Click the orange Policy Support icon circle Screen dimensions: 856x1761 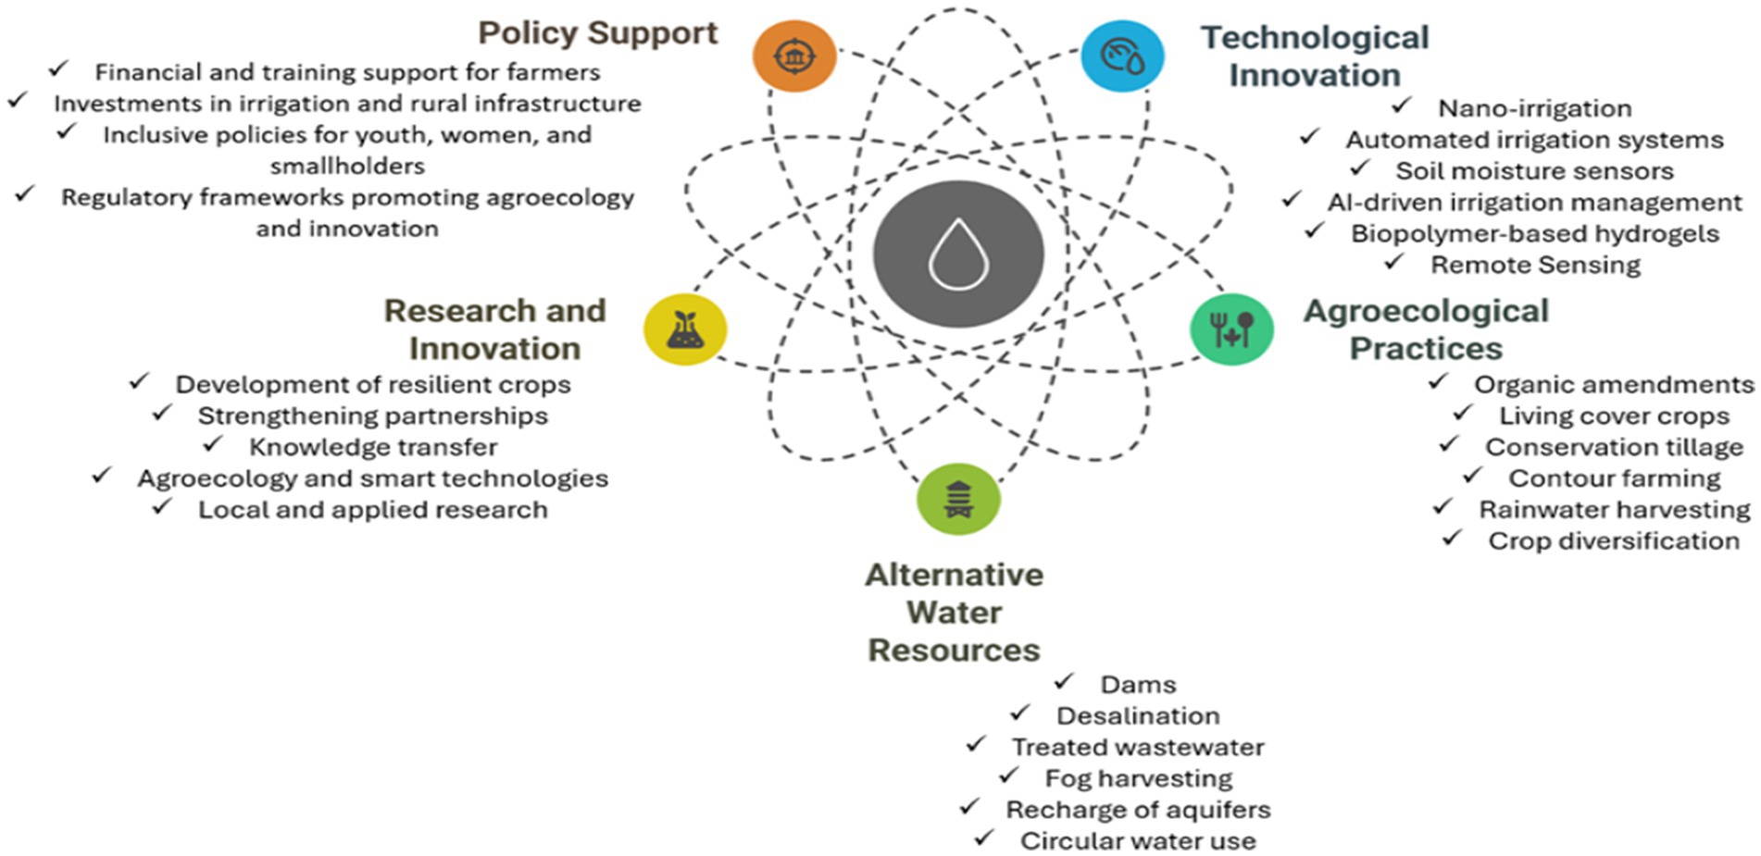pyautogui.click(x=793, y=56)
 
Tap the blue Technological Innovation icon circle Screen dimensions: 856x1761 pyautogui.click(x=1122, y=56)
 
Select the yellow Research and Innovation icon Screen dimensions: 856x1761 pyautogui.click(x=685, y=329)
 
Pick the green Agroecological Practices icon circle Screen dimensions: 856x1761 pyautogui.click(x=1231, y=329)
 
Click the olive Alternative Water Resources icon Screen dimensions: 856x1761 pyautogui.click(x=958, y=499)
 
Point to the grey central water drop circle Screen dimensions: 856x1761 pyautogui.click(x=958, y=254)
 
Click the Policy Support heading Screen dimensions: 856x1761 pyautogui.click(x=597, y=32)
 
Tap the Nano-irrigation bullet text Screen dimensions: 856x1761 pyautogui.click(x=1534, y=108)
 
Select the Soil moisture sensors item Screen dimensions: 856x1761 pyautogui.click(x=1534, y=171)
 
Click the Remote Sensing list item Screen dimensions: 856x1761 pyautogui.click(x=1535, y=266)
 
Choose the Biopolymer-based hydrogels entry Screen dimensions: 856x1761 pyautogui.click(x=1534, y=234)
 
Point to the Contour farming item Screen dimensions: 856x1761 pyautogui.click(x=1614, y=478)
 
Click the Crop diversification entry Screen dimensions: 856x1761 pyautogui.click(x=1613, y=541)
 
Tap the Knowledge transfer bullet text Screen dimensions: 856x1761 pyautogui.click(x=372, y=448)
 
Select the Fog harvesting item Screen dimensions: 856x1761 pyautogui.click(x=1138, y=778)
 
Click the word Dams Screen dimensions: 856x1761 pyautogui.click(x=1138, y=685)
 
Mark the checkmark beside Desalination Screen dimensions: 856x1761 pyautogui.click(x=1020, y=713)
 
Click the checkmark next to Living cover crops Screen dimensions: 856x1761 pyautogui.click(x=1463, y=413)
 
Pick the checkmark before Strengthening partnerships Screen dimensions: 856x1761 pyautogui.click(x=162, y=413)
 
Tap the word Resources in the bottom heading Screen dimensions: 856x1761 pyautogui.click(x=954, y=651)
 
